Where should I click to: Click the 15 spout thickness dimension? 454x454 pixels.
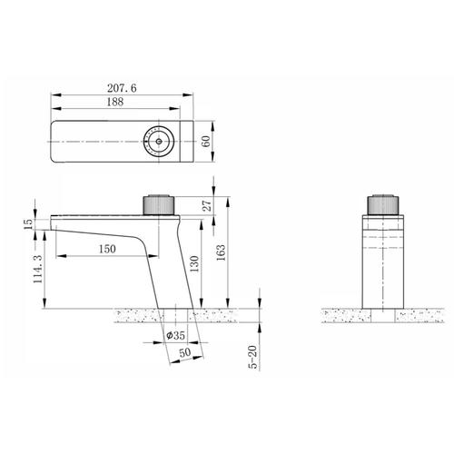pyautogui.click(x=27, y=222)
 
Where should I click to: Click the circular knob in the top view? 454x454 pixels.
pyautogui.click(x=161, y=142)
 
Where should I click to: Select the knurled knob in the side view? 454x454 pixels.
pyautogui.click(x=160, y=204)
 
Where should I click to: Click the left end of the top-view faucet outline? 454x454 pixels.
pyautogui.click(x=53, y=142)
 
